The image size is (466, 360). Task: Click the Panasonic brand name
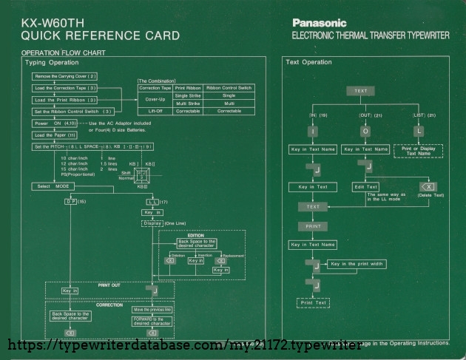pyautogui.click(x=319, y=23)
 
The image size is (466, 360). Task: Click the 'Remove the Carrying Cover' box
pyautogui.click(x=66, y=76)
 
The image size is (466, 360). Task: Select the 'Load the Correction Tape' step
pyautogui.click(x=66, y=88)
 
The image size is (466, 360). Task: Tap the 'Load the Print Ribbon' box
pyautogui.click(x=66, y=100)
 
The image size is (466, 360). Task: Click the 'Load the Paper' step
pyautogui.click(x=55, y=135)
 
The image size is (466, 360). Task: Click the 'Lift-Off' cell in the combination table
pyautogui.click(x=155, y=111)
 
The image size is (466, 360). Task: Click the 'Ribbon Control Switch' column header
pyautogui.click(x=229, y=87)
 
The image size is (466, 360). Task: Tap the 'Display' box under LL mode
pyautogui.click(x=152, y=223)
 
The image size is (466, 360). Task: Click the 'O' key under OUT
pyautogui.click(x=365, y=131)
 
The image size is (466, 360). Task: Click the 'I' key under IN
pyautogui.click(x=313, y=131)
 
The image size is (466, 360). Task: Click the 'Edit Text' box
pyautogui.click(x=365, y=187)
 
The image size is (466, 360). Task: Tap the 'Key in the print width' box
pyautogui.click(x=357, y=264)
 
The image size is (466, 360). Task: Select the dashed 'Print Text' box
pyautogui.click(x=313, y=302)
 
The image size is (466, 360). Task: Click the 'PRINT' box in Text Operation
pyautogui.click(x=313, y=225)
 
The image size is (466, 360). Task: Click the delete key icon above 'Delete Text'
pyautogui.click(x=428, y=187)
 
